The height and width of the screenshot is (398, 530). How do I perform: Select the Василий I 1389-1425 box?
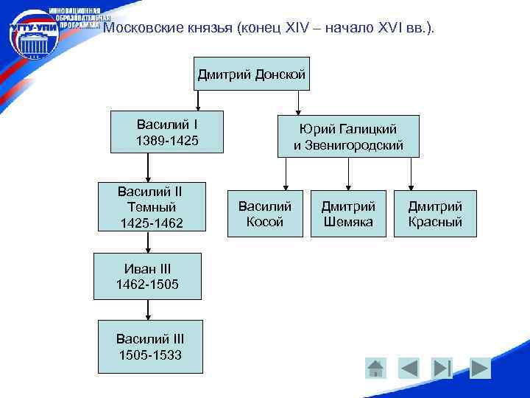pyautogui.click(x=167, y=132)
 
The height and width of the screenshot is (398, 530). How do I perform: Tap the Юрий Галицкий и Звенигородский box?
pyautogui.click(x=348, y=136)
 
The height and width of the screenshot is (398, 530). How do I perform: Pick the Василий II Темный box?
pyautogui.click(x=149, y=206)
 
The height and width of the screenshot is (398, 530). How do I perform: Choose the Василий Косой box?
pyautogui.click(x=265, y=214)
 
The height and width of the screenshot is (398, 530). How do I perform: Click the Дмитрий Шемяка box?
pyautogui.click(x=348, y=214)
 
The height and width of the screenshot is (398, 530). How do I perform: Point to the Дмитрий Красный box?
pyautogui.click(x=435, y=214)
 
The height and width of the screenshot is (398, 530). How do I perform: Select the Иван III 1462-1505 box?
pyautogui.click(x=147, y=276)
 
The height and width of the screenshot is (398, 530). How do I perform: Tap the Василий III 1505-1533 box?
pyautogui.click(x=149, y=346)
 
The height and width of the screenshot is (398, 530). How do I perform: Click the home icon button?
pyautogui.click(x=375, y=368)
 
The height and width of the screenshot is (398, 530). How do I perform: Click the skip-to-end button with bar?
pyautogui.click(x=442, y=368)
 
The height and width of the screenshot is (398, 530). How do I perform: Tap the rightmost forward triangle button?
pyautogui.click(x=480, y=368)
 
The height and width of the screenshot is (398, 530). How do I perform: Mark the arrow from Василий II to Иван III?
pyautogui.click(x=148, y=242)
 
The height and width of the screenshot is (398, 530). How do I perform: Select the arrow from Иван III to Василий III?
pyautogui.click(x=148, y=310)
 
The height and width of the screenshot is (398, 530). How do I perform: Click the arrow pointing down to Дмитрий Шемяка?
pyautogui.click(x=347, y=174)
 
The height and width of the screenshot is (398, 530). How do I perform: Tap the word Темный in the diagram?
pyautogui.click(x=149, y=206)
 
